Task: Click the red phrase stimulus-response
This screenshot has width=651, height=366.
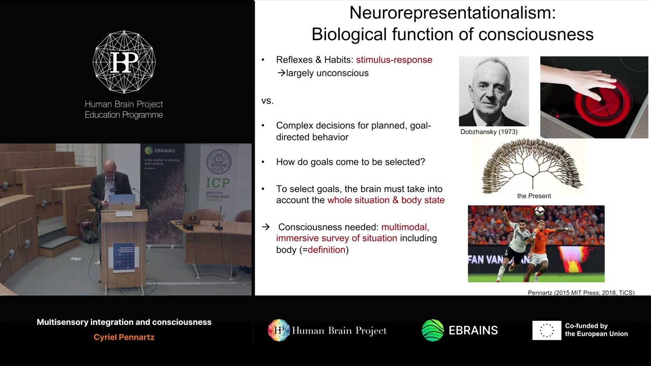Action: [394, 60]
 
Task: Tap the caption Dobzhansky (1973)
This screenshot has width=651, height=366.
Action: [489, 132]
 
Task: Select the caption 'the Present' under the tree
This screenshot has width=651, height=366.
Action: [534, 196]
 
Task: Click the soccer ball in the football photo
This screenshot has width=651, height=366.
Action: [539, 211]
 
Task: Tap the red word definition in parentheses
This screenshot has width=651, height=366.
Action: [326, 250]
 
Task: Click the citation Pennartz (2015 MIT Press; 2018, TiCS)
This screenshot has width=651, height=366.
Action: [581, 293]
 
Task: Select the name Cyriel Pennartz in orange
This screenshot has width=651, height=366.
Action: [124, 337]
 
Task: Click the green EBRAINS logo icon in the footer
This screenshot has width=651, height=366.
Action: [432, 330]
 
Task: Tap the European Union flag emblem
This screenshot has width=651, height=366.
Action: [547, 330]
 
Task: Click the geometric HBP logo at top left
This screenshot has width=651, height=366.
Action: [124, 62]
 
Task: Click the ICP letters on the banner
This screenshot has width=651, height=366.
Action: [218, 182]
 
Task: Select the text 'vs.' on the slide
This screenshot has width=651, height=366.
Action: [268, 101]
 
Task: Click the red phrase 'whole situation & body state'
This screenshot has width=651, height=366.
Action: [386, 200]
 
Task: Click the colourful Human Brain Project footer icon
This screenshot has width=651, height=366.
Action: [279, 330]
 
